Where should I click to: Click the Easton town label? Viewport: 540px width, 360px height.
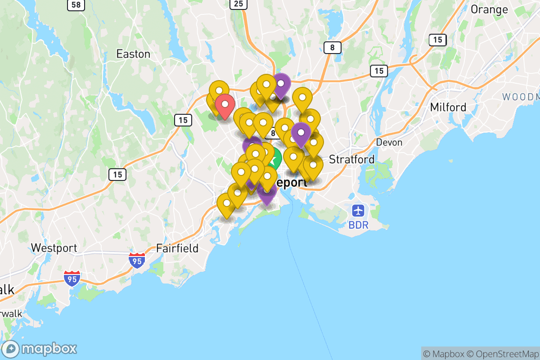133,54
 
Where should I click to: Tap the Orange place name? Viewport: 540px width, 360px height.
489,9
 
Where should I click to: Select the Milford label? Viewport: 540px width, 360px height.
448,107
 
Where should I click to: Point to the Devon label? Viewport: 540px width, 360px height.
389,142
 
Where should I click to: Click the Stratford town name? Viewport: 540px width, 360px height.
351,159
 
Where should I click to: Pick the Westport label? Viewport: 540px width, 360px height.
54,248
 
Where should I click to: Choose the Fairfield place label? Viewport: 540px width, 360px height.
177,248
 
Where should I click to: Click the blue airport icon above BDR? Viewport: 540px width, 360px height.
358,210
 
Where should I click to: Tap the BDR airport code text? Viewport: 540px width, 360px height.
358,225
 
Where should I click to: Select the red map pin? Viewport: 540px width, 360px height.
224,105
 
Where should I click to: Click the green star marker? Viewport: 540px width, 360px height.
273,159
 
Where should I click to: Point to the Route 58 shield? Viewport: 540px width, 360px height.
76,5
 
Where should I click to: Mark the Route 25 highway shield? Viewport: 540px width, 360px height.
238,4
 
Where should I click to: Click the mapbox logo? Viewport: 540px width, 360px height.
40,349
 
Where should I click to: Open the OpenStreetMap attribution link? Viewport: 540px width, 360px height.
503,354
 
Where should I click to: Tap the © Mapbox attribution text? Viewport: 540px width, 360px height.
443,354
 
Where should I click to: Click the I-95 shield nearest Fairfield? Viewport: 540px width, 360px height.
137,261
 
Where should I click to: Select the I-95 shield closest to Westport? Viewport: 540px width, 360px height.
72,278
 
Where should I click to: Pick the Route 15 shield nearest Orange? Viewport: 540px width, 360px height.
437,40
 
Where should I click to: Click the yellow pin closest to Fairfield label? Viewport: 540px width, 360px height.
226,203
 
